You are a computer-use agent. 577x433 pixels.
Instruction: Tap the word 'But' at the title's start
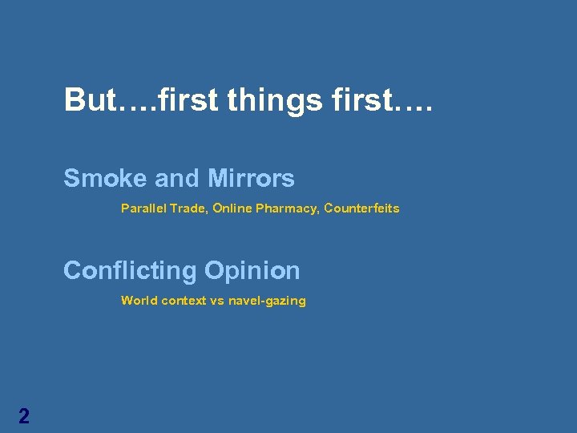(90, 100)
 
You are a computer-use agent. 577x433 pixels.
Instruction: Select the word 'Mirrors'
(251, 178)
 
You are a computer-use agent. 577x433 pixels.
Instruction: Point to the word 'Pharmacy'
(288, 208)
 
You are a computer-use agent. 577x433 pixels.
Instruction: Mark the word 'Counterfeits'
(361, 208)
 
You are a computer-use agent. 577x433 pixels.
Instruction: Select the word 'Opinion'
(252, 271)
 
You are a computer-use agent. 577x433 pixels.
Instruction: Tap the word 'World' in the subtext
(139, 301)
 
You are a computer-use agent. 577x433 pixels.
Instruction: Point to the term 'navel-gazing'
(267, 301)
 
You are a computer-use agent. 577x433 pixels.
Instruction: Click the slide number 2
(24, 415)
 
